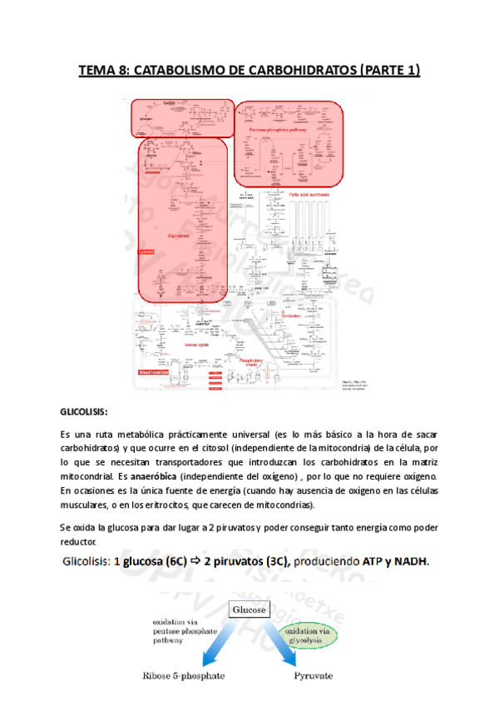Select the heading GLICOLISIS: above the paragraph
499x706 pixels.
(84, 411)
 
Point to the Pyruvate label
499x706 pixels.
(315, 678)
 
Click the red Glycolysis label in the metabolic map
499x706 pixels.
(178, 236)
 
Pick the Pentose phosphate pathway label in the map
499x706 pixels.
(270, 131)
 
